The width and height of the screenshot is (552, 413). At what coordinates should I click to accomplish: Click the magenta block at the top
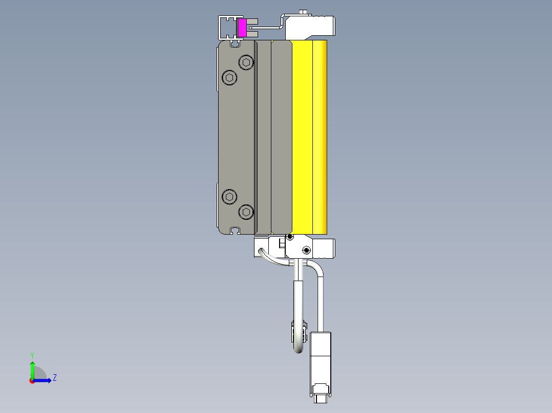click(x=242, y=28)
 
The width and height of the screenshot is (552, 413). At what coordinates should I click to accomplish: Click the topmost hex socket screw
click(x=247, y=63)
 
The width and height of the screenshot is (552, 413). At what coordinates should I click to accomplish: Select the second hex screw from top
click(x=229, y=78)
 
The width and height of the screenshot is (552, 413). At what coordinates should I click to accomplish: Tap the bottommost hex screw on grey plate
click(x=246, y=212)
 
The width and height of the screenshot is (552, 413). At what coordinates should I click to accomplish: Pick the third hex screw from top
click(x=229, y=196)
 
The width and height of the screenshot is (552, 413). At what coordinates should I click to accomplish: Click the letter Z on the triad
click(x=55, y=378)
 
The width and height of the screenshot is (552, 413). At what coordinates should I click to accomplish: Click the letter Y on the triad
click(x=32, y=355)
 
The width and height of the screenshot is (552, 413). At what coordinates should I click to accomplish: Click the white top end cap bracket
click(x=309, y=27)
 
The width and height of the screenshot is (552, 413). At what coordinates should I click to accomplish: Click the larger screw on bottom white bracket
click(x=306, y=250)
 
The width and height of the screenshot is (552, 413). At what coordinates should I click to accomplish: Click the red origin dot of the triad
click(x=32, y=380)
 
